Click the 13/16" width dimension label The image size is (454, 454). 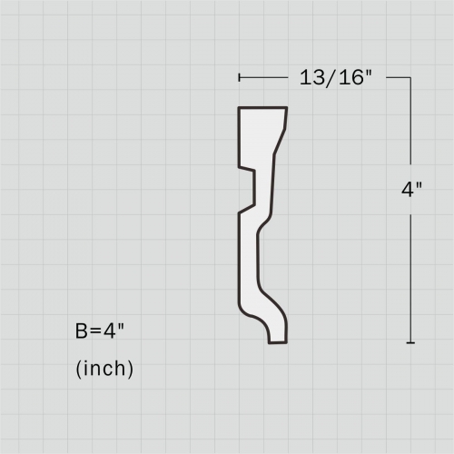point(337,78)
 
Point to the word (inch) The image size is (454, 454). point(104,369)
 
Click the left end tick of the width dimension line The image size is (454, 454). point(239,78)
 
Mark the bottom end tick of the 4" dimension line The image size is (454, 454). point(411,343)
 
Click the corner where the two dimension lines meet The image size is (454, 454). point(411,78)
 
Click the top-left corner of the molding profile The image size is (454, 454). point(239,108)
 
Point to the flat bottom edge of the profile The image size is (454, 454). point(279,344)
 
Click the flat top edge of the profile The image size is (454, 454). point(262,108)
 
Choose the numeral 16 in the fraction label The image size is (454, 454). point(351,78)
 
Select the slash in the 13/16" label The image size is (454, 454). point(330,78)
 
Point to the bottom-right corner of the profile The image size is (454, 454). point(287,344)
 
